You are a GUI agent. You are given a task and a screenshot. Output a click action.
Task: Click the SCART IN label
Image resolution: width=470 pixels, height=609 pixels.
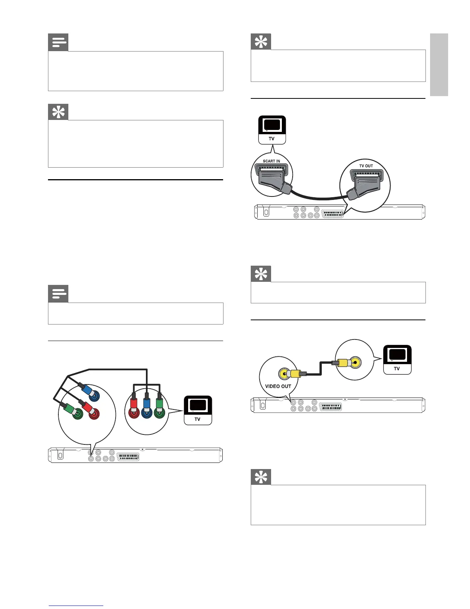tap(271, 161)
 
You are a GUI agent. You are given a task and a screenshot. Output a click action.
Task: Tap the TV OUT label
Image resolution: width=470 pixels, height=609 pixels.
tap(366, 166)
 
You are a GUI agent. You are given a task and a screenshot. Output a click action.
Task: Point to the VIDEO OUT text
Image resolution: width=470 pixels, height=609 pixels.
tap(278, 386)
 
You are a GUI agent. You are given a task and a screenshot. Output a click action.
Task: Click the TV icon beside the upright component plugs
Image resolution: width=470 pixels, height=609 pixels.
tap(198, 410)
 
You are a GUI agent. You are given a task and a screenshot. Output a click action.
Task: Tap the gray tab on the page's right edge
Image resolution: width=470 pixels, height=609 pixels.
tap(439, 65)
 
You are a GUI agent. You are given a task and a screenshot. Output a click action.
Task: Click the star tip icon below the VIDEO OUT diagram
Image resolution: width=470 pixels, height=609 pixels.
tap(261, 477)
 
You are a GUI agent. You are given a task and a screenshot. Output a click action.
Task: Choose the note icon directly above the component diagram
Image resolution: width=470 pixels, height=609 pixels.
tap(58, 294)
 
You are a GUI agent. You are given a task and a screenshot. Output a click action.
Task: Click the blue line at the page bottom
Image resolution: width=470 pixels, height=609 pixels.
tap(76, 606)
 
